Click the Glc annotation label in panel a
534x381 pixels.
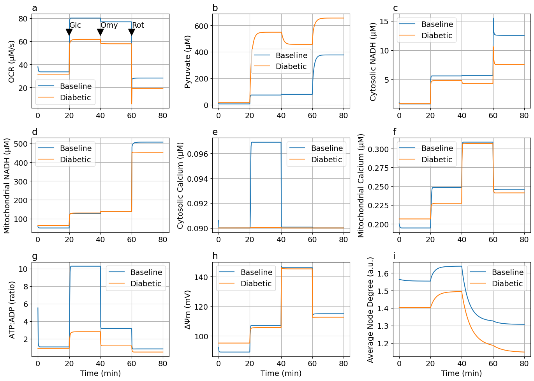click(75, 25)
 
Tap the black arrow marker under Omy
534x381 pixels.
click(100, 32)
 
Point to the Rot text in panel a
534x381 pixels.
click(138, 25)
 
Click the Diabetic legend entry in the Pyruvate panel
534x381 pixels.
click(291, 67)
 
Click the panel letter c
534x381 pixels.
click(395, 8)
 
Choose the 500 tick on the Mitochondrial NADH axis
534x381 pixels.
click(20, 144)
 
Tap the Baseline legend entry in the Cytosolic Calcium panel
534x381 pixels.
click(327, 148)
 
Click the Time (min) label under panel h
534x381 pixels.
click(281, 374)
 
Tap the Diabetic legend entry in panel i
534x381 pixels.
click(507, 284)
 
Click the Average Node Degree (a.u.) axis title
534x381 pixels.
click(370, 310)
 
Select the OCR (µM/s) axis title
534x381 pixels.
click(11, 61)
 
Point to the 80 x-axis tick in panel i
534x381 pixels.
click(524, 364)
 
